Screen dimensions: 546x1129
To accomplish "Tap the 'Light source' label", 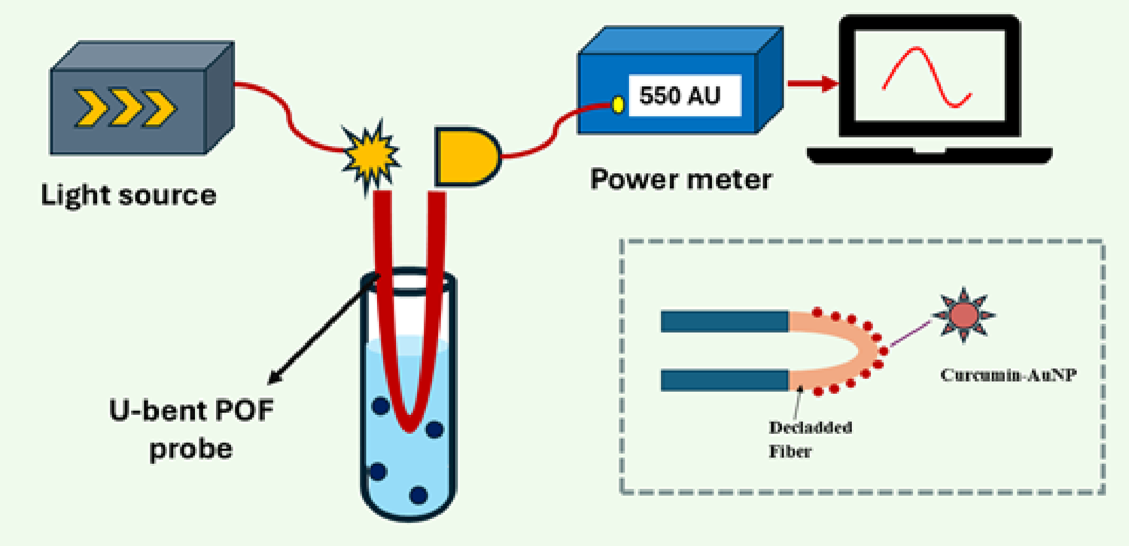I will click(128, 195).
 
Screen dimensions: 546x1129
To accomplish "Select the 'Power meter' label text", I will click(680, 180).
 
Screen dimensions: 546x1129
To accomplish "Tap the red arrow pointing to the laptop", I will click(814, 84).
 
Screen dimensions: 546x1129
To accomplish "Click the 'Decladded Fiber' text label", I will click(810, 436).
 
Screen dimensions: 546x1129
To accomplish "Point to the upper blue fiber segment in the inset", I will click(723, 322).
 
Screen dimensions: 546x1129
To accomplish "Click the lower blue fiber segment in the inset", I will click(723, 380).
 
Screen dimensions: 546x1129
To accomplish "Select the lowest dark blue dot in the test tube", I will click(418, 494).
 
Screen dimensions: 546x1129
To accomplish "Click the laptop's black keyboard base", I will click(929, 154).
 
